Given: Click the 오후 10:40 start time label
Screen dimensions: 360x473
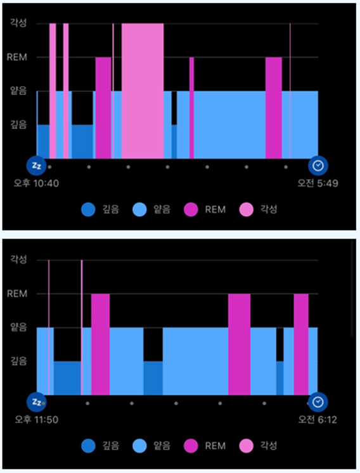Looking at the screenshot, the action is coord(36,183).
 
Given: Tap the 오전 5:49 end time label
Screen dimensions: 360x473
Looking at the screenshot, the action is coord(318,183).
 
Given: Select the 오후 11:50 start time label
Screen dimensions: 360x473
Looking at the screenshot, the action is coord(36,420).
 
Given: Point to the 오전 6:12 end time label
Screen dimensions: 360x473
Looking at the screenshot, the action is coord(318,420).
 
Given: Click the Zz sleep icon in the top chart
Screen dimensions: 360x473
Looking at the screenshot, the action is coord(36,166).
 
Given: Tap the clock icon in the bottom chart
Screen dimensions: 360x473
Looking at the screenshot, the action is coord(318,402).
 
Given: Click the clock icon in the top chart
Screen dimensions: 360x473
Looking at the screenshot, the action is coord(318,166).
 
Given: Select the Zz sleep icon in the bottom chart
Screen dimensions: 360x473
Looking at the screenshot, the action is coord(36,402).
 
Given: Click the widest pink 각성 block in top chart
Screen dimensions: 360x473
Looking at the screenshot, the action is coord(143,91).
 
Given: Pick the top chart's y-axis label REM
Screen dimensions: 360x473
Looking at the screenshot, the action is coord(17,57).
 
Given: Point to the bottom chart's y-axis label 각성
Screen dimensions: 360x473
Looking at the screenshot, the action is coord(18,259).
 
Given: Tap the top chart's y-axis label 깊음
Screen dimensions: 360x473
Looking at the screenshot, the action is coord(18,125).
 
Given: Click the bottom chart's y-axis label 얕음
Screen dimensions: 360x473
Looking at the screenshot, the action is coord(18,327).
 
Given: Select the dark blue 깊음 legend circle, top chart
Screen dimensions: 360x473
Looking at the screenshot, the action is coord(88,210).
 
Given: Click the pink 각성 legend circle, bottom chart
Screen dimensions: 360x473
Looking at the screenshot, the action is coord(246,446).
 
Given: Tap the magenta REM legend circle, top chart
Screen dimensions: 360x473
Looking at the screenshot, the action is coord(191,210).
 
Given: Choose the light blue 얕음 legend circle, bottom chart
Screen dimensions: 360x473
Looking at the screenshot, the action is coord(139,446).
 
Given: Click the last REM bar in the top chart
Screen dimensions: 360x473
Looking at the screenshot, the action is coord(274,108).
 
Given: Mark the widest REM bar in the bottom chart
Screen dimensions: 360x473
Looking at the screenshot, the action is coord(239,344).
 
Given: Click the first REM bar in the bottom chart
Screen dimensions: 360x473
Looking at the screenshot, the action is coord(100,344).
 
